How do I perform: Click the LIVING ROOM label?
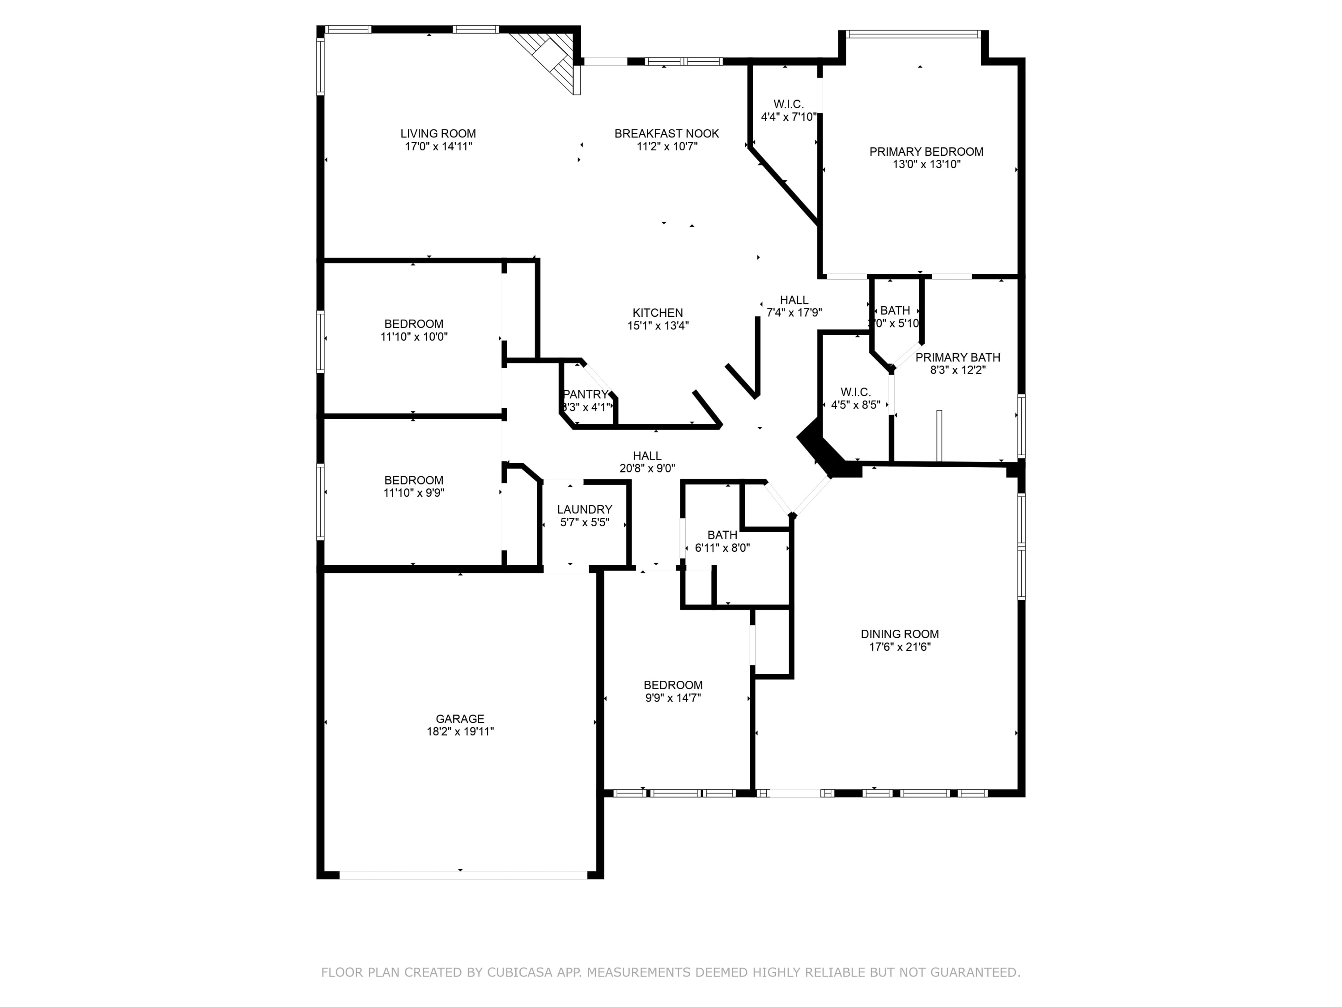pyautogui.click(x=438, y=133)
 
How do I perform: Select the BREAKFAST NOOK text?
pyautogui.click(x=667, y=133)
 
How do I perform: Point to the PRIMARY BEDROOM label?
pyautogui.click(x=926, y=152)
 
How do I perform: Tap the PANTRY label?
pyautogui.click(x=586, y=395)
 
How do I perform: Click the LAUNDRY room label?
pyautogui.click(x=585, y=510)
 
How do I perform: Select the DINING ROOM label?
pyautogui.click(x=900, y=634)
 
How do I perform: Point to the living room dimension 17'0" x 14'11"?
pyautogui.click(x=439, y=146)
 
